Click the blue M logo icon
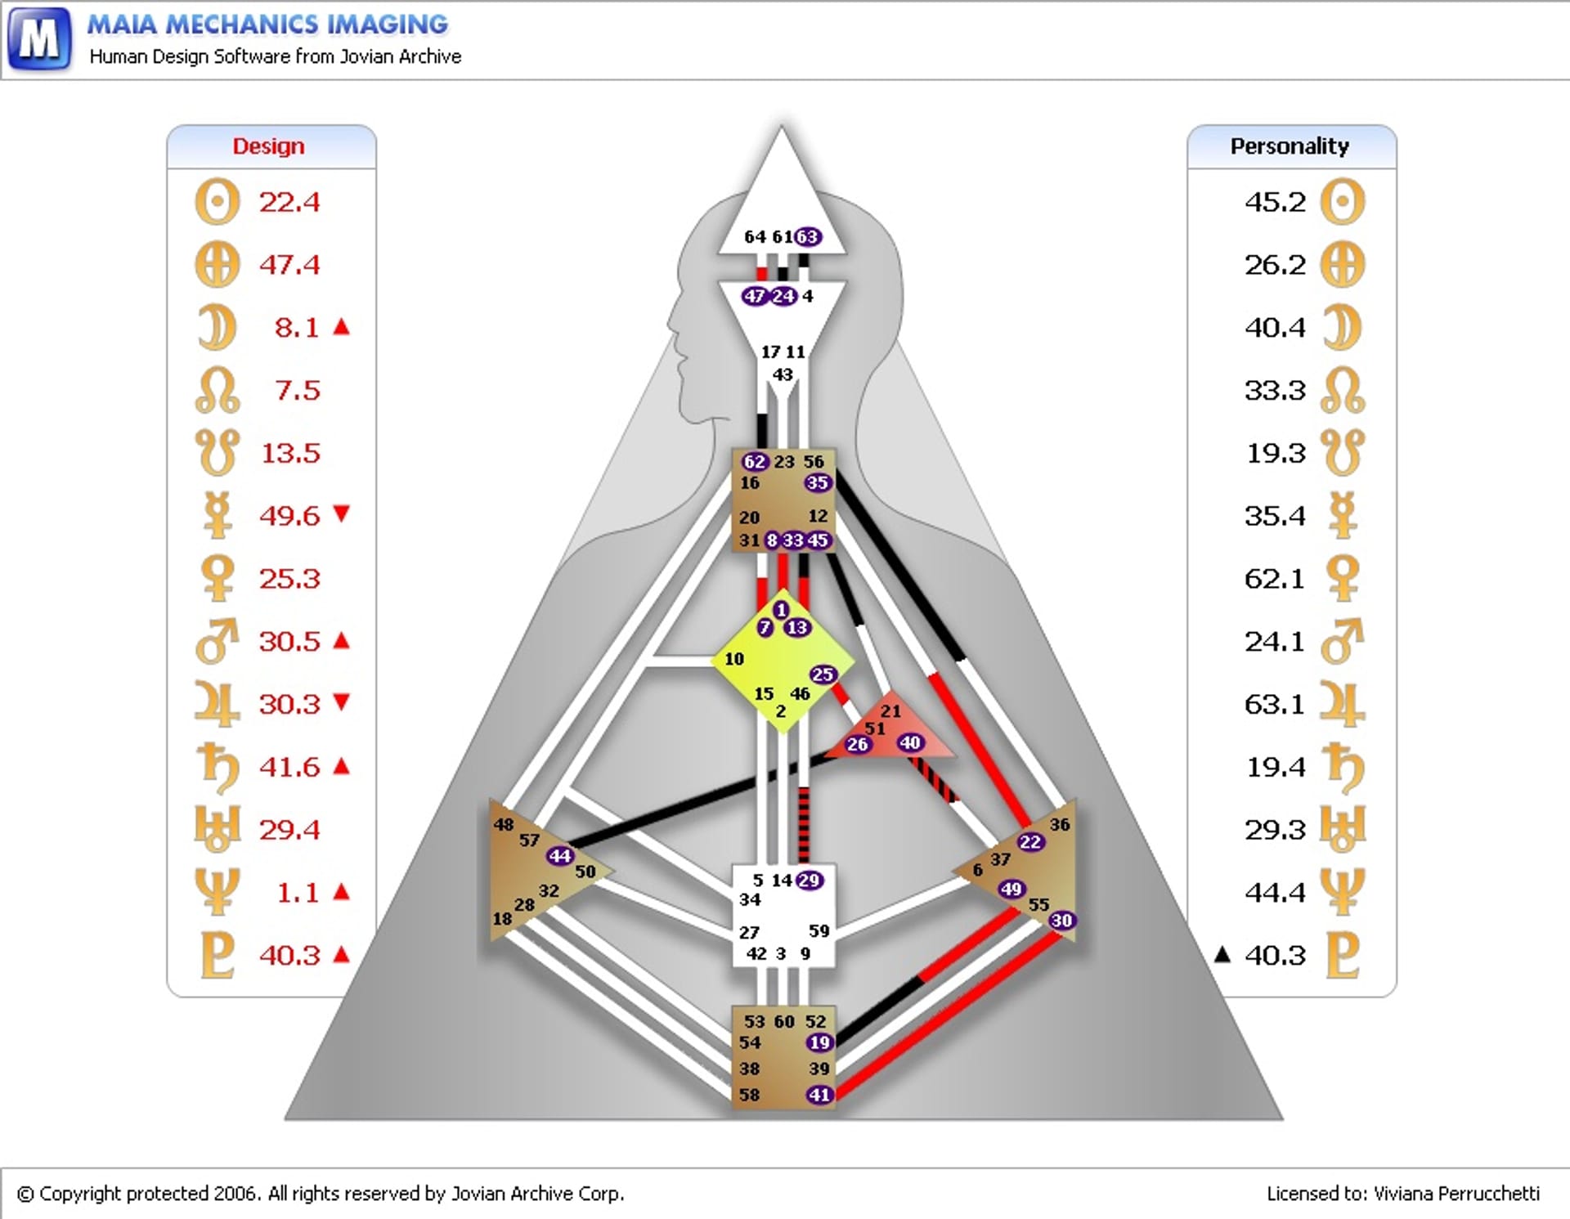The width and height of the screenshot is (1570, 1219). tap(38, 38)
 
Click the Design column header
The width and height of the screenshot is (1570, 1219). tap(268, 146)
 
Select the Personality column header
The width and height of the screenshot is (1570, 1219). tap(1290, 146)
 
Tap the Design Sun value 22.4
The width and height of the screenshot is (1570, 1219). tap(289, 202)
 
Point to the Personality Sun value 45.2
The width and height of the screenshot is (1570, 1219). tap(1275, 202)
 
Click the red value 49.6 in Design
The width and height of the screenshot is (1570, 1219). tap(289, 516)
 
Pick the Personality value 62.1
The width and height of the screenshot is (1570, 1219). tap(1275, 579)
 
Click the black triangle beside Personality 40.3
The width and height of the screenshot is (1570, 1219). tap(1222, 953)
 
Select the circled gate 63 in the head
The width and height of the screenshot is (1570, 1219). tap(808, 237)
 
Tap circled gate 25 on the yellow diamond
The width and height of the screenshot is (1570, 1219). tap(823, 674)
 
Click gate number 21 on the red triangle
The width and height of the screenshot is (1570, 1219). tap(890, 711)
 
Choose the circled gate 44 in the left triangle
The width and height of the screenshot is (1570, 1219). tap(560, 856)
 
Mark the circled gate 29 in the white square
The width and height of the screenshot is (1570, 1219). tap(810, 881)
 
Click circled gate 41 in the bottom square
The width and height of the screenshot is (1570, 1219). tap(819, 1095)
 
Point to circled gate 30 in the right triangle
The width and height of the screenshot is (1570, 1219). tap(1061, 921)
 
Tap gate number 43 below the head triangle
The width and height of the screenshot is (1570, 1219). tap(783, 374)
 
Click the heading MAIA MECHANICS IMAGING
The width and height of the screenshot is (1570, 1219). tap(267, 25)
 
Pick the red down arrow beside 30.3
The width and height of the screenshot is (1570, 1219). tap(342, 702)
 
